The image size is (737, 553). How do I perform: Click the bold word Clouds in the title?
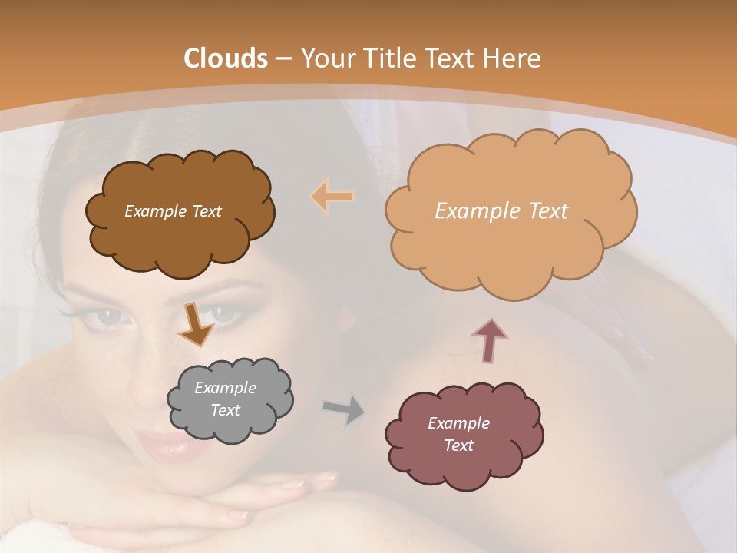click(x=226, y=58)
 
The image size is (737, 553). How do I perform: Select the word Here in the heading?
click(x=514, y=58)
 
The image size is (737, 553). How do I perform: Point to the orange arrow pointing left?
click(x=332, y=197)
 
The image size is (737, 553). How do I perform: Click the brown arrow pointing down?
click(x=195, y=323)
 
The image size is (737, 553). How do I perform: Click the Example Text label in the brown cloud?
click(x=173, y=211)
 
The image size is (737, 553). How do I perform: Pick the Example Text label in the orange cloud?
click(x=501, y=211)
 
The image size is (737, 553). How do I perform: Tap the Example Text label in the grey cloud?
click(x=225, y=399)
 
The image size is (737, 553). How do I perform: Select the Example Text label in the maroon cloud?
click(x=458, y=434)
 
